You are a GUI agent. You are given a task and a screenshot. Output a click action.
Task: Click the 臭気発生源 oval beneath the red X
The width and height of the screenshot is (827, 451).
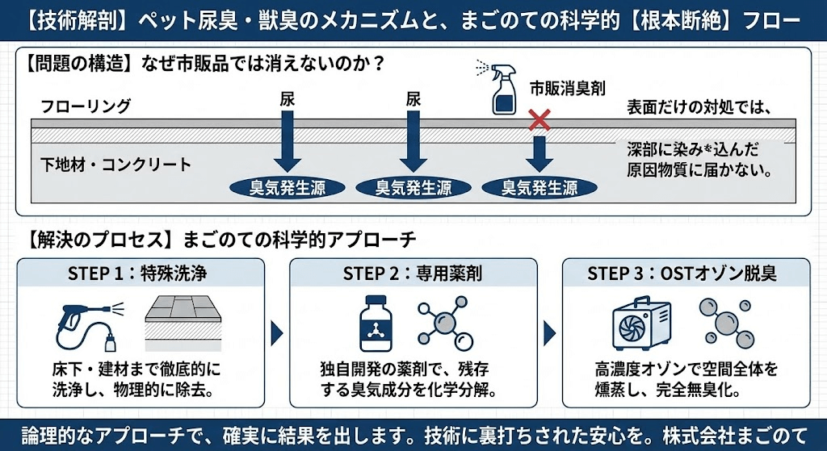[x=539, y=188]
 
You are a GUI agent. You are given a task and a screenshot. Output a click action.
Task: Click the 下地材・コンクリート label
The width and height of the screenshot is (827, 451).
[x=116, y=165]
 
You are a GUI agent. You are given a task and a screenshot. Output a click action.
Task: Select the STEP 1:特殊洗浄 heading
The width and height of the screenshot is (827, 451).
[x=138, y=273]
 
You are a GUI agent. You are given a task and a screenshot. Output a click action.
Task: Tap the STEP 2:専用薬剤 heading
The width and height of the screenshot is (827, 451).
[x=413, y=273]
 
